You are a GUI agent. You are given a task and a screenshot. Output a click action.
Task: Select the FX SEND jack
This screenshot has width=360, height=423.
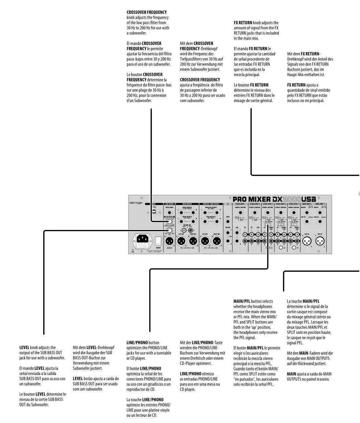pos(228,222)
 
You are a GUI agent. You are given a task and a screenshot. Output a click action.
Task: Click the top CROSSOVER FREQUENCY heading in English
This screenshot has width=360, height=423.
pos(146,12)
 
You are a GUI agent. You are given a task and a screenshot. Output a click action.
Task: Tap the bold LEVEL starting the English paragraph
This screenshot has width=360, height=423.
pos(25,347)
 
